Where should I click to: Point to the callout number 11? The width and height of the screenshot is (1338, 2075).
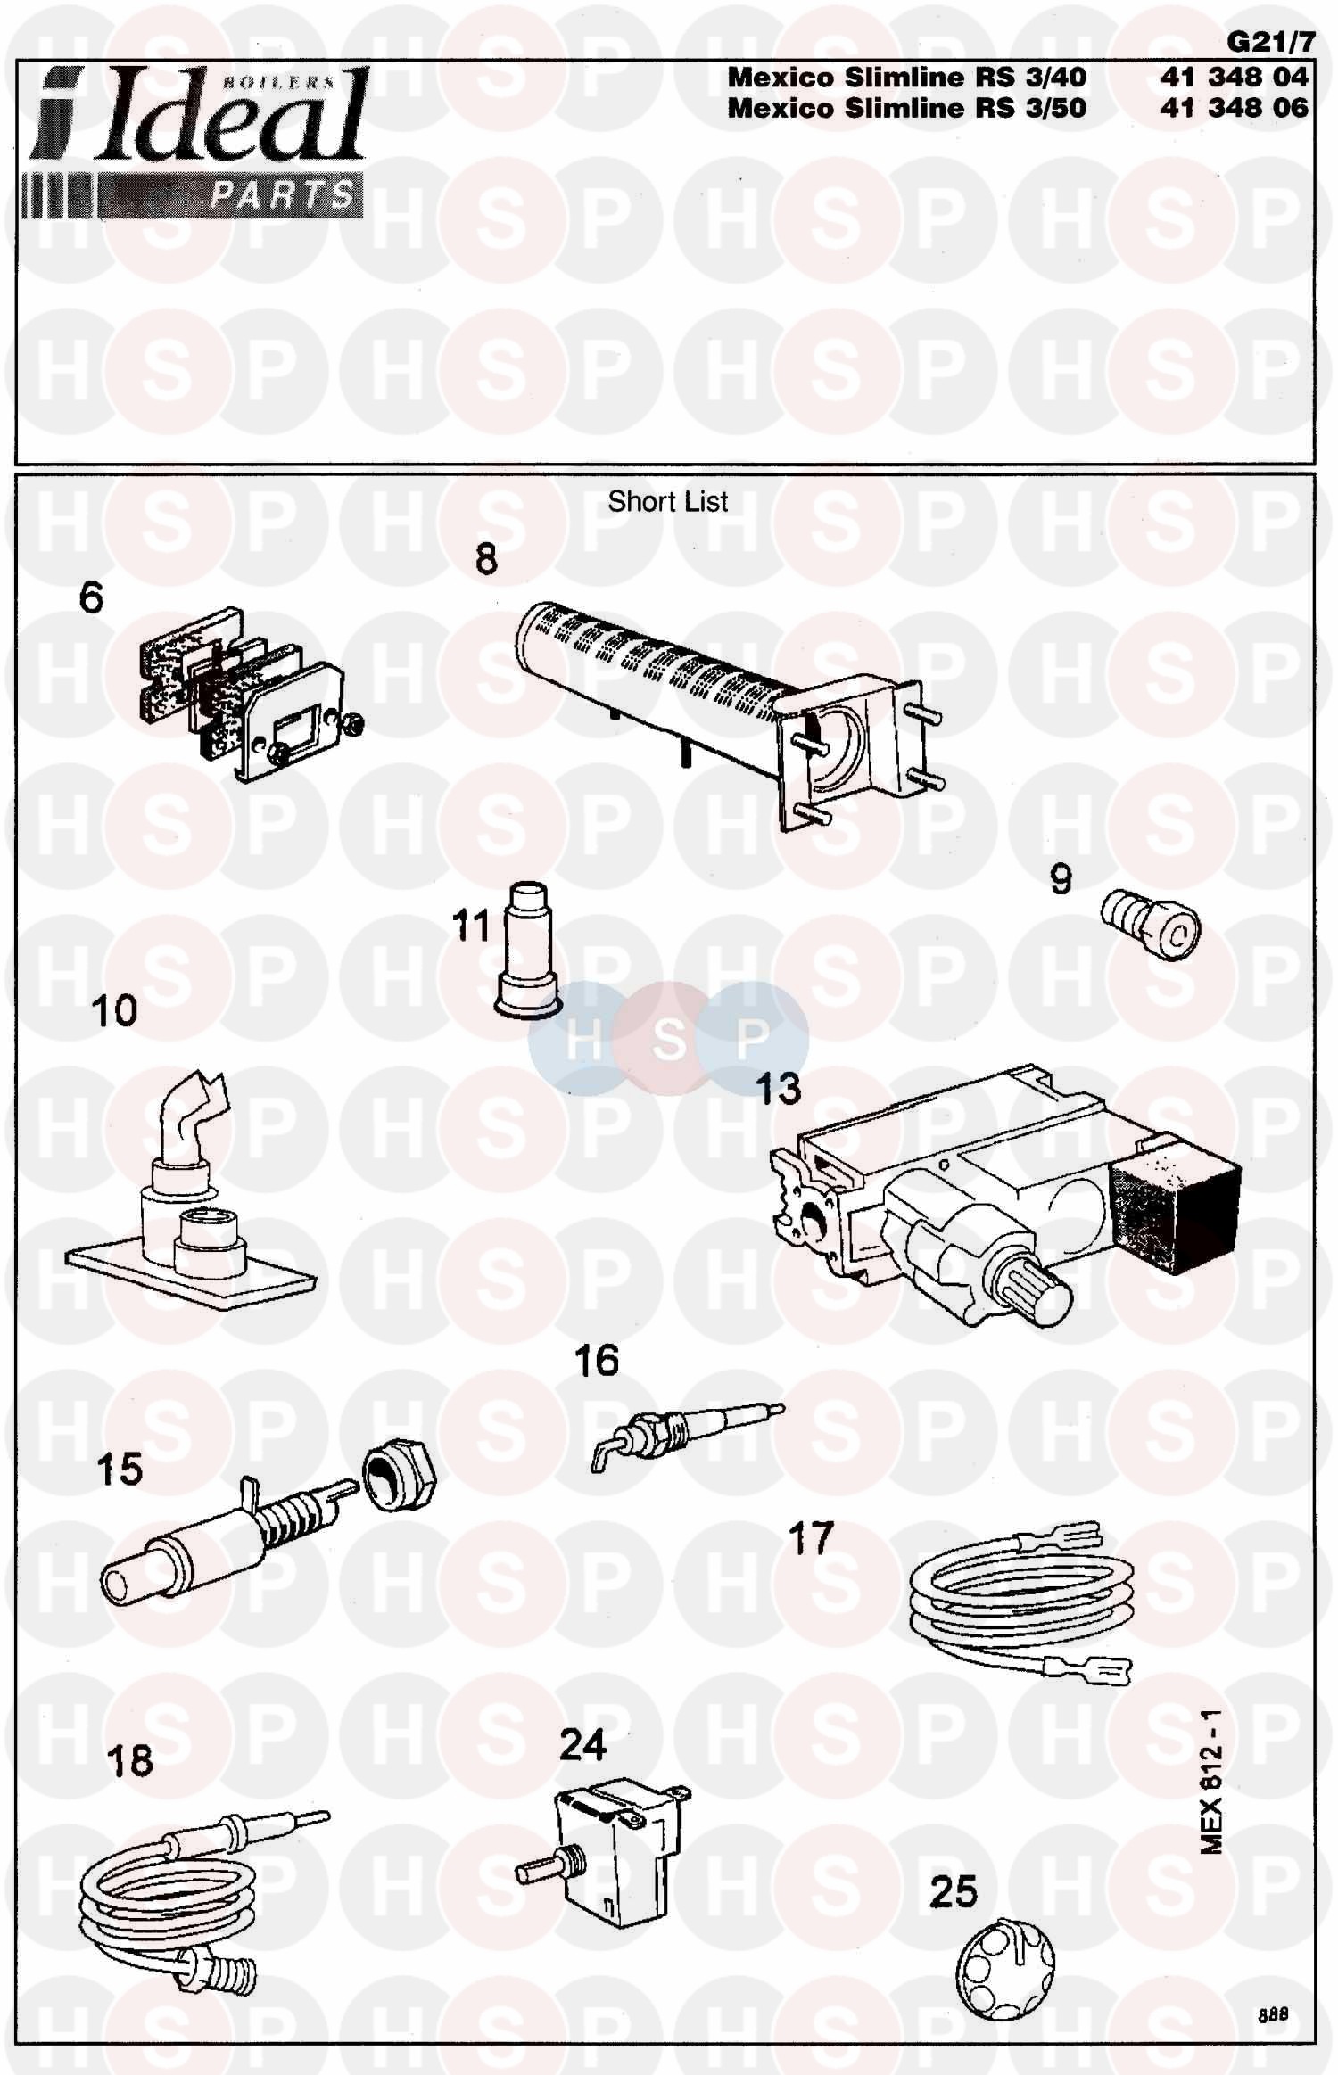click(x=471, y=926)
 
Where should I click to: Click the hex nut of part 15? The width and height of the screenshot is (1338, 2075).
click(x=399, y=1478)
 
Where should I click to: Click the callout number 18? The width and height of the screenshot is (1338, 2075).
click(x=129, y=1760)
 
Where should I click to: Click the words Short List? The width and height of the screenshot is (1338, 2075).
click(x=667, y=502)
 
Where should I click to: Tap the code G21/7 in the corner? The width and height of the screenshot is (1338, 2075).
click(x=1270, y=41)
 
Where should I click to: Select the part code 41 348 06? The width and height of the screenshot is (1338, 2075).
click(x=1234, y=108)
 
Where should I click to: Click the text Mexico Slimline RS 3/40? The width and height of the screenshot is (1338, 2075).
click(x=907, y=78)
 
